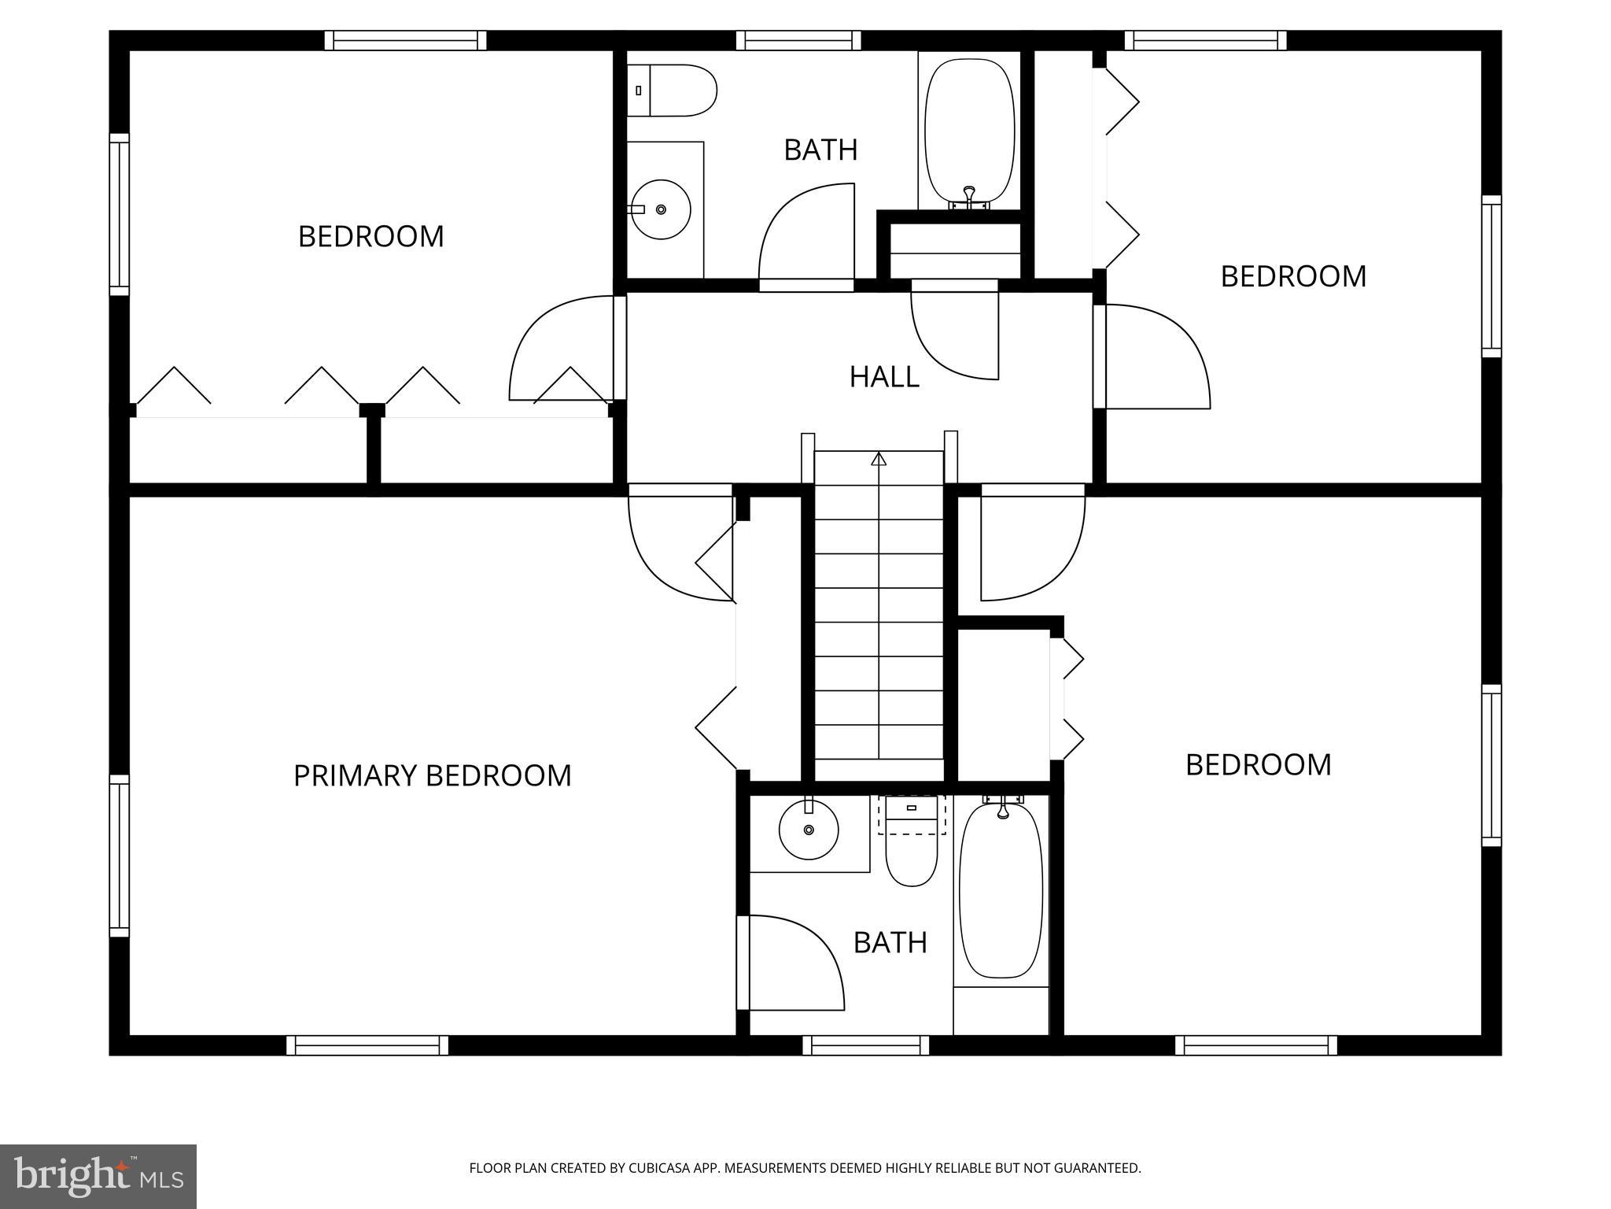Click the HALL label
point(884,377)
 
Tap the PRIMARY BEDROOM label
point(432,775)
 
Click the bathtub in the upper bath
point(969,131)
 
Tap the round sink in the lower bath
point(809,829)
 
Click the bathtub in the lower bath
point(1001,889)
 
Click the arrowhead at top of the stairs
point(879,458)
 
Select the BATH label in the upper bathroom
point(820,150)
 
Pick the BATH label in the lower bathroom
point(890,942)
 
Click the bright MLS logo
point(98,1177)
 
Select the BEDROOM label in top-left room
point(370,236)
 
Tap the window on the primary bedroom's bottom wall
point(367,1045)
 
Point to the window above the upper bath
point(798,40)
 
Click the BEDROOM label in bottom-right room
point(1258,764)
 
